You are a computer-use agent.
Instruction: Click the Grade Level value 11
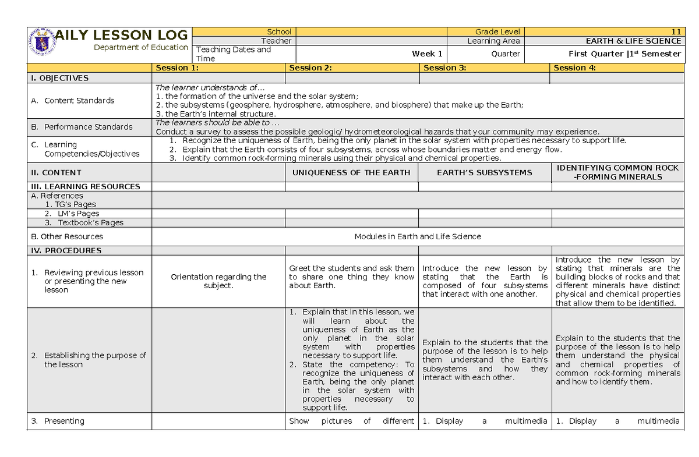pos(676,31)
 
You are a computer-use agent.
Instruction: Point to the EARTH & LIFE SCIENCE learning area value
pos(633,41)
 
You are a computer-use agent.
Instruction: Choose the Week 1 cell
pos(427,54)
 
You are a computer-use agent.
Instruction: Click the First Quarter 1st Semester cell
pos(624,54)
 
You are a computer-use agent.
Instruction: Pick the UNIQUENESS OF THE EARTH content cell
pos(351,172)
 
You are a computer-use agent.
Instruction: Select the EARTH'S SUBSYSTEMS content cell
pos(484,172)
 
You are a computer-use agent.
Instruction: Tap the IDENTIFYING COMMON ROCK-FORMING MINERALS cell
pos(617,172)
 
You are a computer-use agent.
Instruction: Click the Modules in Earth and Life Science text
pos(418,236)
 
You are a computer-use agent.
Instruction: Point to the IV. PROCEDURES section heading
pos(66,250)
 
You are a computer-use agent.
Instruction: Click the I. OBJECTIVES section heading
pos(59,78)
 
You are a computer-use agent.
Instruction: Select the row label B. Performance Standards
pos(82,127)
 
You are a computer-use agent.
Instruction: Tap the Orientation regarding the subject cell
pos(218,281)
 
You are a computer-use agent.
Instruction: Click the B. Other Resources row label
pos(67,236)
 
